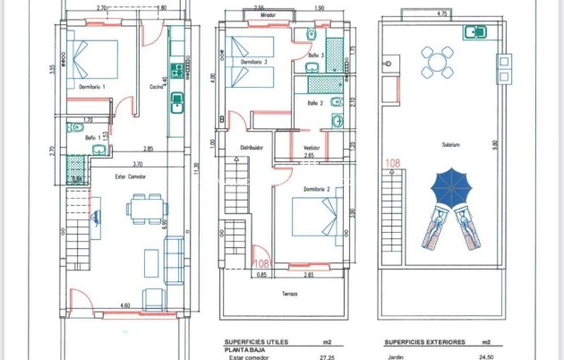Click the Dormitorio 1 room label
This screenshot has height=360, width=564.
[92, 87]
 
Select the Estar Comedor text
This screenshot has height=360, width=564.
[131, 177]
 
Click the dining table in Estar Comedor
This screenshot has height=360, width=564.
[145, 210]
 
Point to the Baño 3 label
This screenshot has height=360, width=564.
[315, 56]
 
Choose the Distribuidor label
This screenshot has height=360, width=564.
[250, 149]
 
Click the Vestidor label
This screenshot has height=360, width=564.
[312, 149]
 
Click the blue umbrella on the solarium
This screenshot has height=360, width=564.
[451, 187]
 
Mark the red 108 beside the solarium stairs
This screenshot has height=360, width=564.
[391, 163]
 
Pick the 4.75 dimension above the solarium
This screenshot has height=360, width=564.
[441, 14]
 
